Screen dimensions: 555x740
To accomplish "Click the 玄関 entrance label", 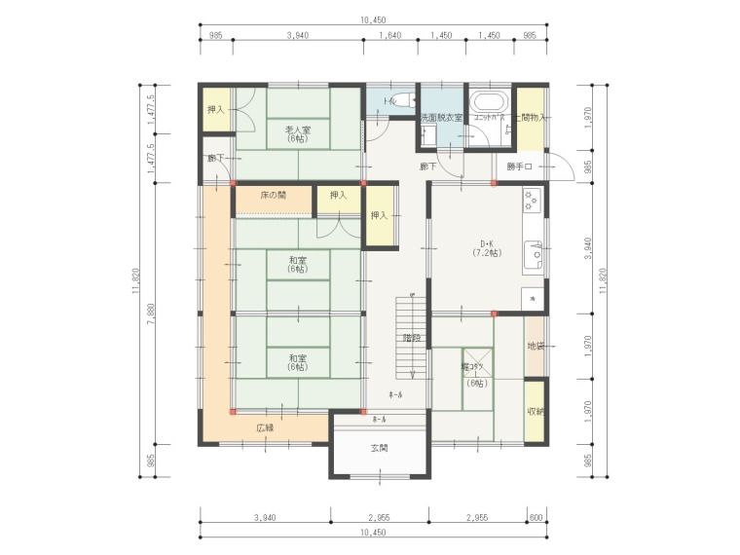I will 379,448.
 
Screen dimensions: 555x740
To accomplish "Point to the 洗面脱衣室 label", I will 440,118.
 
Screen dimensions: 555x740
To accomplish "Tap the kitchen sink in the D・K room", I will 533,255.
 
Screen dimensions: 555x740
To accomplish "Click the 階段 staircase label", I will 412,338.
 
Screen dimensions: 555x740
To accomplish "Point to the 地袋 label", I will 536,346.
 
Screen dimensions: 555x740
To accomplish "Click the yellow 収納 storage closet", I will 536,412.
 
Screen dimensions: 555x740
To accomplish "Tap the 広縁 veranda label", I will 265,427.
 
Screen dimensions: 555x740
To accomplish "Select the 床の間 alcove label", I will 273,196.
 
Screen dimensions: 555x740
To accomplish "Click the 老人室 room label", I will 297,130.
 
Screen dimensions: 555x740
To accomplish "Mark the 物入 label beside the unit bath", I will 532,117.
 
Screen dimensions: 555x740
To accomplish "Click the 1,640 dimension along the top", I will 388,35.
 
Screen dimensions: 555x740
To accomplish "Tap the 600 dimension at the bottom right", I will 536,517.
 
